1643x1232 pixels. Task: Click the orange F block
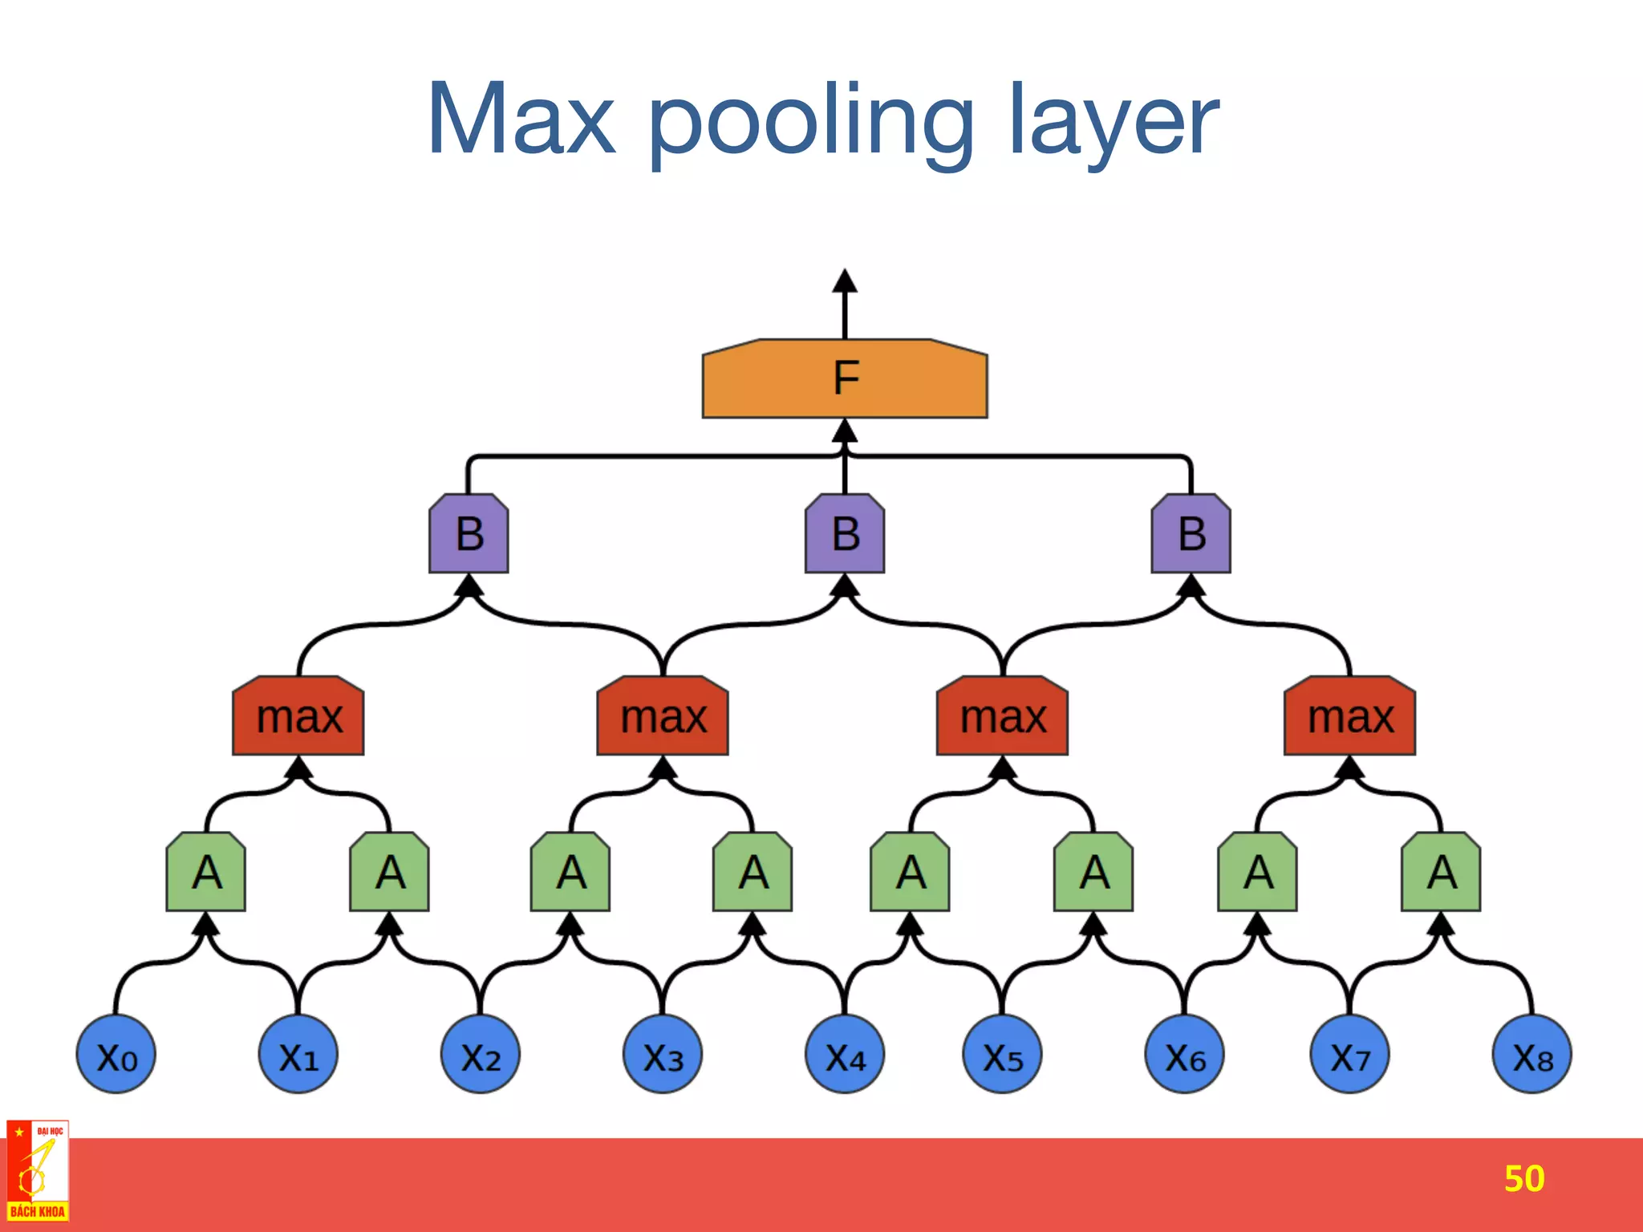[x=845, y=379]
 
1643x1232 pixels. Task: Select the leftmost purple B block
[x=469, y=534]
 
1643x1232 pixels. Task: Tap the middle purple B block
[x=845, y=534]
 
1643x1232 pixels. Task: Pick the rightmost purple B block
[x=1191, y=534]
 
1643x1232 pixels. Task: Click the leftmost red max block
[x=298, y=716]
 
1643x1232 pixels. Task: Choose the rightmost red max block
[x=1350, y=716]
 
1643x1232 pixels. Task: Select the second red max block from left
[x=663, y=716]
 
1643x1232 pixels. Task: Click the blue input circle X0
[x=116, y=1055]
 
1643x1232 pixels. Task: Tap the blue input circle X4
[x=845, y=1055]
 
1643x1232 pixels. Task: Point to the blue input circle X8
[x=1531, y=1055]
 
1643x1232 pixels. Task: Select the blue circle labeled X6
[x=1185, y=1055]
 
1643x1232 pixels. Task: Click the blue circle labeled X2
[x=481, y=1055]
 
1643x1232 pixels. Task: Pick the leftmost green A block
[x=206, y=872]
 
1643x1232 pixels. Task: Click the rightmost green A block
[x=1441, y=872]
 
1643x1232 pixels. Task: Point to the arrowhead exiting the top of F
[x=845, y=280]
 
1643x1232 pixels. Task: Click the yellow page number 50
[x=1523, y=1178]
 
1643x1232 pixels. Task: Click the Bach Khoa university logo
[x=38, y=1171]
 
